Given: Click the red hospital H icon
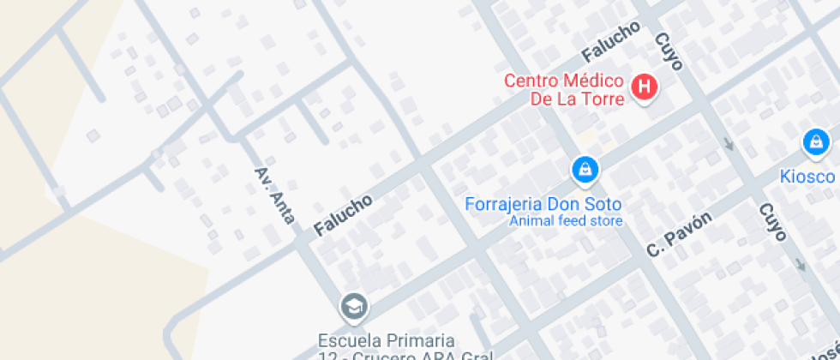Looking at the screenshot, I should (644, 87).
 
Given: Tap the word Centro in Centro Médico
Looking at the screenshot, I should (531, 81).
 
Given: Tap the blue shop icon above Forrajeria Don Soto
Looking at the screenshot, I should (585, 169).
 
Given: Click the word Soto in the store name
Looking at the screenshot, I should (603, 205).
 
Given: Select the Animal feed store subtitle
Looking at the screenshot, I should (566, 221).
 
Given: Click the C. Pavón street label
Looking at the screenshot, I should (679, 234).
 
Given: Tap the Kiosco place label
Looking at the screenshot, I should (807, 177).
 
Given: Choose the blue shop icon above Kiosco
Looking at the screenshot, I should (814, 141).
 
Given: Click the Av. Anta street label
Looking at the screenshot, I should (275, 195).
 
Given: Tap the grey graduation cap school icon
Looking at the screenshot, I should (352, 305).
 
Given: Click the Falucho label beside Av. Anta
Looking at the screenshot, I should (343, 215).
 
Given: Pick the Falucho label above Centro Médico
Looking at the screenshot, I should (611, 41).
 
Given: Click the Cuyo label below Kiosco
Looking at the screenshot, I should (772, 223).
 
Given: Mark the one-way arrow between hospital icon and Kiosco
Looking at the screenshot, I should (729, 143).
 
